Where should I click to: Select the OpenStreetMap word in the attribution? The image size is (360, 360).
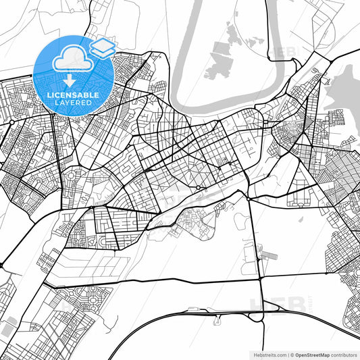(x=313, y=354)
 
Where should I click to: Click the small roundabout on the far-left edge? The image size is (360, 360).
(x=10, y=121)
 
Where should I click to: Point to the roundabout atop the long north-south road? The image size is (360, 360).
(x=249, y=199)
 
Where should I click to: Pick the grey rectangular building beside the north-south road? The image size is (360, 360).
(x=265, y=255)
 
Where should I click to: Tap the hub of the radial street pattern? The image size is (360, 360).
(x=198, y=187)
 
